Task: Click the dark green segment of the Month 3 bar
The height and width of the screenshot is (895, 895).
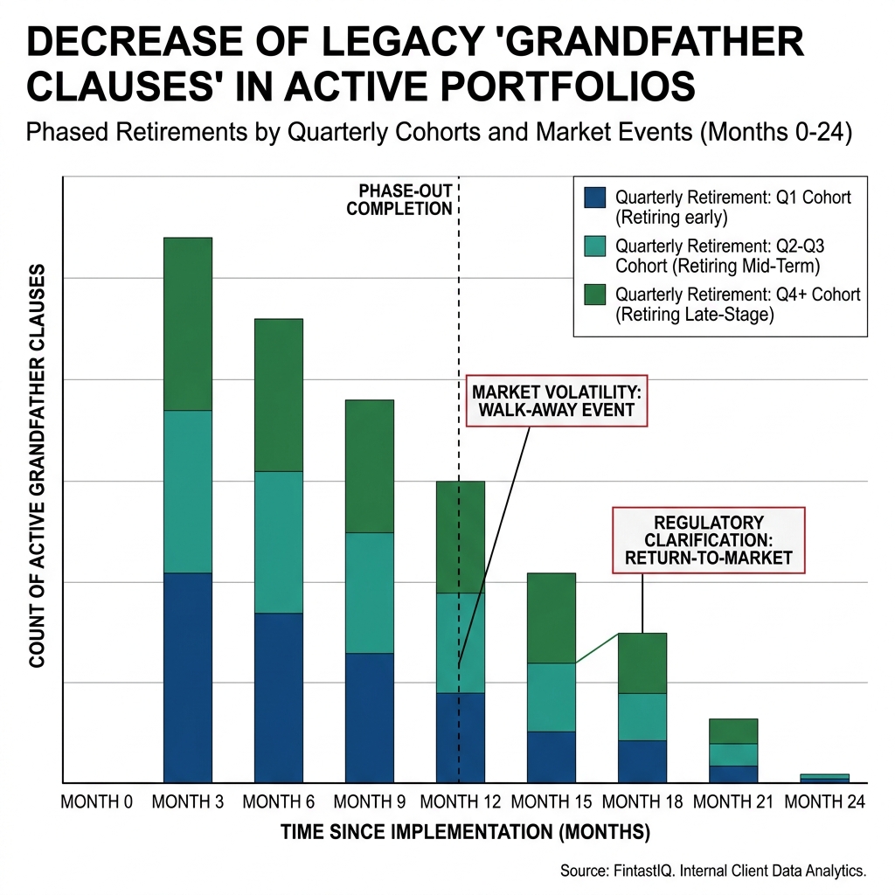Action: point(188,323)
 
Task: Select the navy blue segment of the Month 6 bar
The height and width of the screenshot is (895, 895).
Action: point(278,697)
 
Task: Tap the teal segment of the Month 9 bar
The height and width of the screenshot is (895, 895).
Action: point(369,593)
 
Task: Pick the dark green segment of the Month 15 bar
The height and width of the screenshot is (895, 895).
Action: point(551,617)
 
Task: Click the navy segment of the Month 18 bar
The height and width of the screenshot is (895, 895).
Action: point(642,760)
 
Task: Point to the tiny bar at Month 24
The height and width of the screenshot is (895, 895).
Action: point(824,778)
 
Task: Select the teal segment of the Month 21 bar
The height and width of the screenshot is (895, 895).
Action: point(732,754)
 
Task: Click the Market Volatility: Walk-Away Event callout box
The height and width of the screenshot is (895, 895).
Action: point(557,400)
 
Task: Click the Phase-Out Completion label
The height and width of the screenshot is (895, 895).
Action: point(400,200)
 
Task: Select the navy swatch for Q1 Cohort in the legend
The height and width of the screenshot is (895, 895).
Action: point(593,198)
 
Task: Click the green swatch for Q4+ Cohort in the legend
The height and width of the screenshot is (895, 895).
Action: point(593,295)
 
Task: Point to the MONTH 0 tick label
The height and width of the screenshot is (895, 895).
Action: point(96,801)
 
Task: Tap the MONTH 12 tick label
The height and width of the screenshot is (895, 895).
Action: point(461,801)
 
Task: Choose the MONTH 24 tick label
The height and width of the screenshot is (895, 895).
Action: point(824,801)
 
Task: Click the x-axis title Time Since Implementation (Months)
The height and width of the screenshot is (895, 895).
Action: point(465,833)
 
